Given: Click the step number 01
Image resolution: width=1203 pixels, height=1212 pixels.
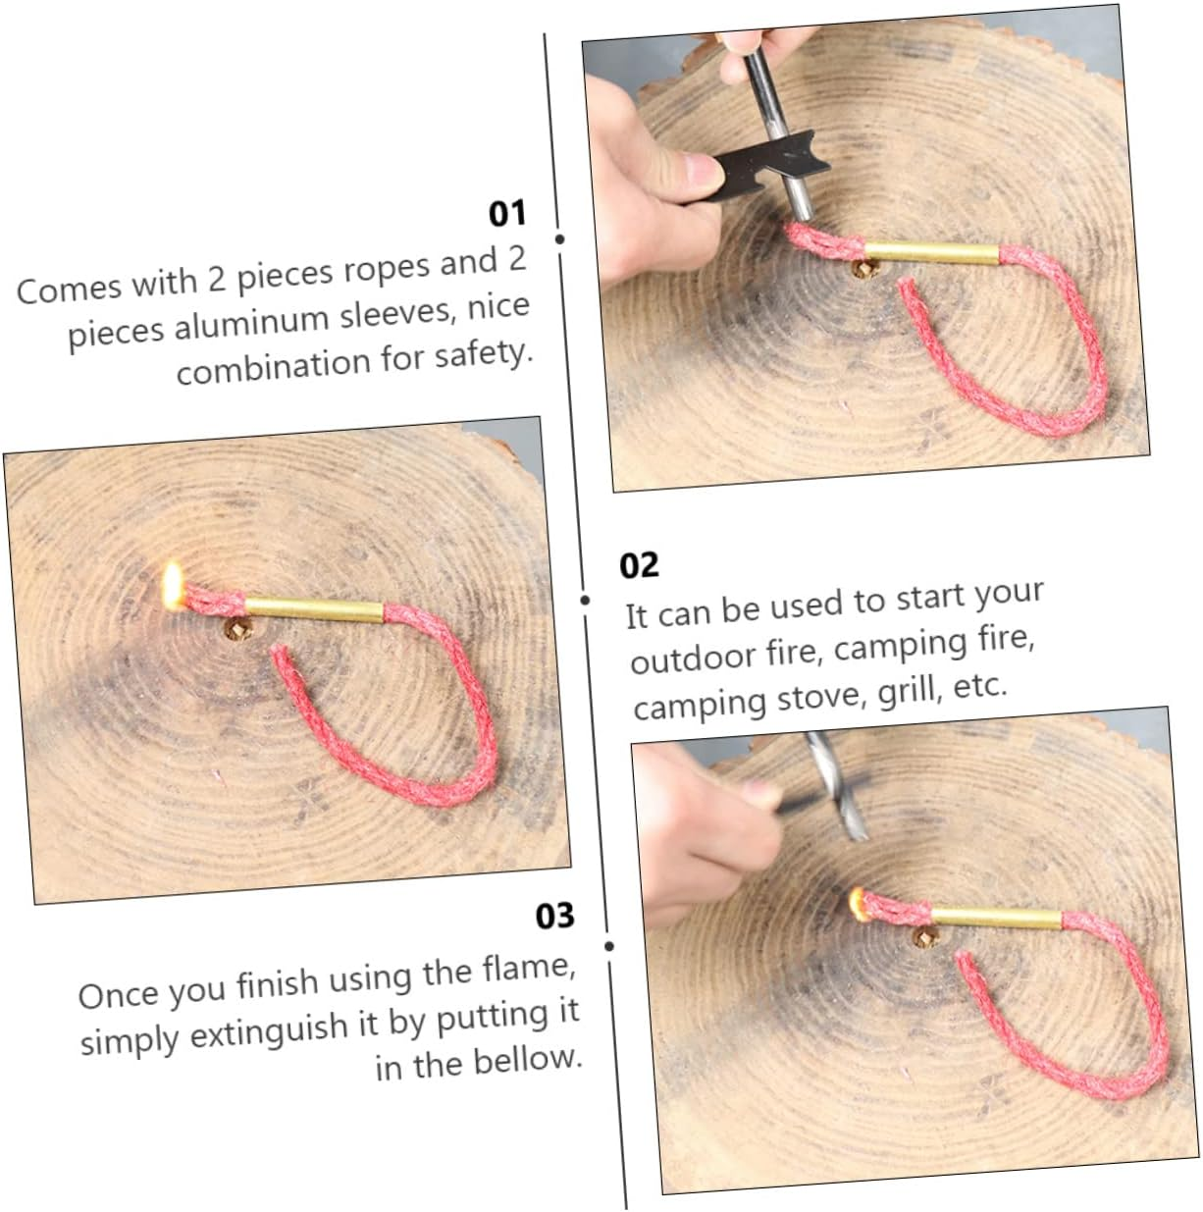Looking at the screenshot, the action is (x=506, y=214).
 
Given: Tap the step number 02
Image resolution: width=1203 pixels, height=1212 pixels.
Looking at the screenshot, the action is (x=639, y=565).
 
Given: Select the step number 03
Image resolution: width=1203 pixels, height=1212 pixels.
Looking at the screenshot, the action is (x=555, y=916).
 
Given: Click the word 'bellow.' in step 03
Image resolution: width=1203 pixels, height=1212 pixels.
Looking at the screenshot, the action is (x=528, y=1061).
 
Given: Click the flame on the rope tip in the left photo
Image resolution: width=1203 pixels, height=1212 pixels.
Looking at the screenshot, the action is (x=172, y=586).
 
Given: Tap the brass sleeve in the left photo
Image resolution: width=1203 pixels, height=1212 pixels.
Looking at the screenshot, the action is (x=313, y=609).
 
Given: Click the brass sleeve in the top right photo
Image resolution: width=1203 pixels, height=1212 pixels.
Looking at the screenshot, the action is (x=931, y=253).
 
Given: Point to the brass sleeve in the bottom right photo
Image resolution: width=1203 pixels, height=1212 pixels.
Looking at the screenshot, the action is (x=997, y=919).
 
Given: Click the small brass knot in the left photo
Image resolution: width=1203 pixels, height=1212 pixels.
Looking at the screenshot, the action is (x=238, y=629).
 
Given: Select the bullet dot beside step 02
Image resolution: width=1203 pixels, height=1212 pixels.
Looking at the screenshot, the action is (x=585, y=600).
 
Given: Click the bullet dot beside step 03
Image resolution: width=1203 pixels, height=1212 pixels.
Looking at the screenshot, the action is (x=608, y=947).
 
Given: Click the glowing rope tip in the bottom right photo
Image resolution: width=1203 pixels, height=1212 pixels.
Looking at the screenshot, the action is (x=857, y=904).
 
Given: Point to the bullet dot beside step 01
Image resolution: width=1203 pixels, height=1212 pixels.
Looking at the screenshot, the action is (x=559, y=239).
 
